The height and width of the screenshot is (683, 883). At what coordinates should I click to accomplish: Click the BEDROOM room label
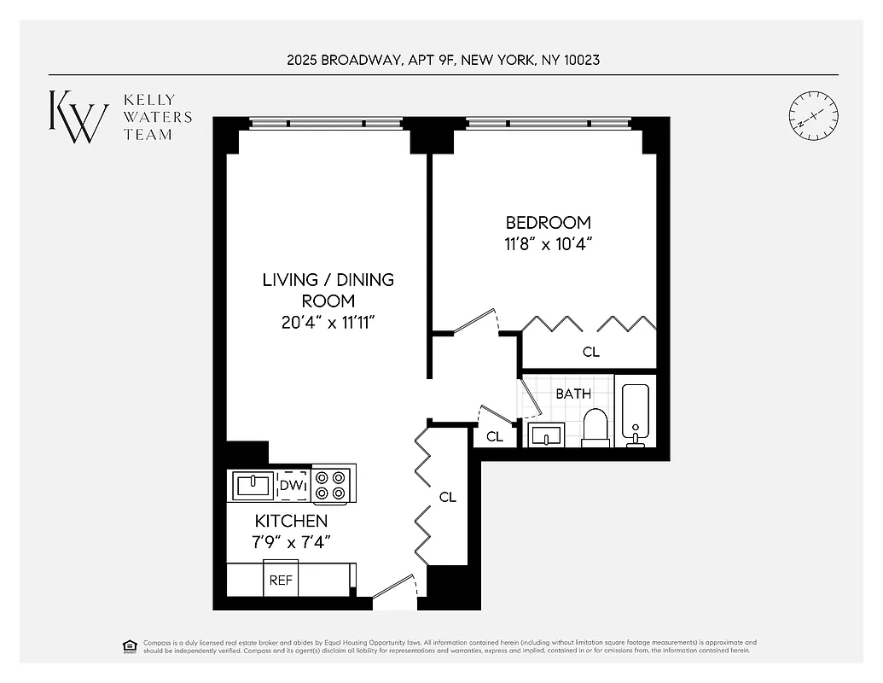click(x=548, y=222)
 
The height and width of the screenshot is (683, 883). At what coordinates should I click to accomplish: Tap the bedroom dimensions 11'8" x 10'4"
click(x=548, y=243)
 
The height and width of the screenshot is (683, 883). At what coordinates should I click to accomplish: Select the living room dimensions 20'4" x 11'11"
click(x=328, y=323)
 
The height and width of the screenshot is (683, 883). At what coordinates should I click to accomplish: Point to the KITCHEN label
click(x=291, y=521)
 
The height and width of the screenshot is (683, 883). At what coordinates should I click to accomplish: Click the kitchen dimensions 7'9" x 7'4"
click(x=291, y=541)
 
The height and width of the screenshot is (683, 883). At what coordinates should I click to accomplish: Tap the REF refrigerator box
click(x=281, y=580)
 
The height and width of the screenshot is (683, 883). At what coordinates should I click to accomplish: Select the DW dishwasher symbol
click(x=293, y=485)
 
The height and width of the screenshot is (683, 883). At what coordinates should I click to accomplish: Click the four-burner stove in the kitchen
click(x=332, y=485)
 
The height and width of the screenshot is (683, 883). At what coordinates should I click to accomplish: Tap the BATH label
click(x=572, y=394)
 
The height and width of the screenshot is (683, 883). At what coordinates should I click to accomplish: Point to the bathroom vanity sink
click(x=544, y=435)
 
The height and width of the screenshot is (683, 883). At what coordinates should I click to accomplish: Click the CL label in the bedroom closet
click(x=590, y=351)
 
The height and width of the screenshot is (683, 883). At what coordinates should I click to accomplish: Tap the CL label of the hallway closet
click(x=448, y=497)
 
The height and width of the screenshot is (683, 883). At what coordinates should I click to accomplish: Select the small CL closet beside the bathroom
click(x=494, y=436)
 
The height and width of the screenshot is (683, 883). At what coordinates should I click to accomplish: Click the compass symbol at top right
click(x=813, y=116)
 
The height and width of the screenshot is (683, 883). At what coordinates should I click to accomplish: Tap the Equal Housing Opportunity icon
click(x=130, y=645)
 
